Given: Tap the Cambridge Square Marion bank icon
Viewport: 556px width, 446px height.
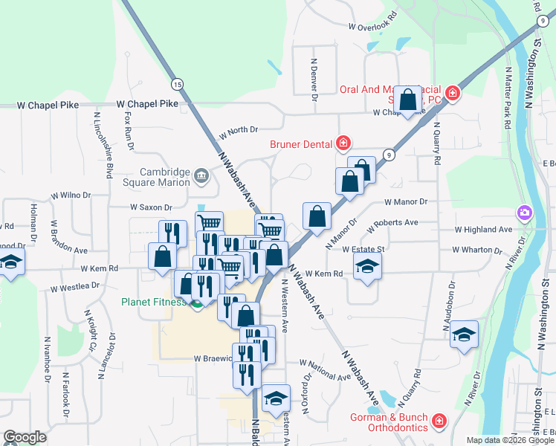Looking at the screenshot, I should pos(201,176).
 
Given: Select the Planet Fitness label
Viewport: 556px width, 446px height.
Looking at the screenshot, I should pos(154,303).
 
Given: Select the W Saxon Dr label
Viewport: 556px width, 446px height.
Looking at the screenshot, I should pos(151,207).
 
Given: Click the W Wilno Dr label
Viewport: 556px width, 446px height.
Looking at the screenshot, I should pos(70,195).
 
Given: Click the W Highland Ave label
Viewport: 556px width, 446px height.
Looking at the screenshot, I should pos(483,230).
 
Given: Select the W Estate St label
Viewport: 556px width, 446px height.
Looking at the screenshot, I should pos(362,249).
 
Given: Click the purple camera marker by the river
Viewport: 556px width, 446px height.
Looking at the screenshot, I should pos(525,214).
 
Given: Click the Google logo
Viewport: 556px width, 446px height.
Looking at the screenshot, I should pos(25,437).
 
